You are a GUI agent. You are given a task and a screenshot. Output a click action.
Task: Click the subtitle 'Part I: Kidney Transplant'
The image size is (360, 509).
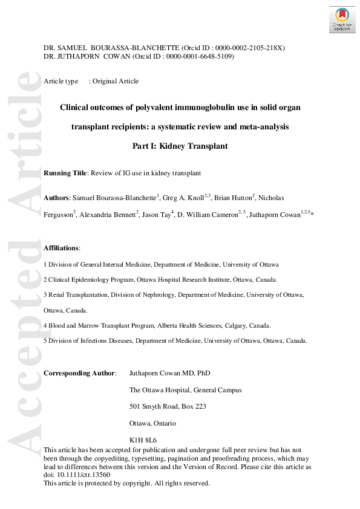(x=180, y=146)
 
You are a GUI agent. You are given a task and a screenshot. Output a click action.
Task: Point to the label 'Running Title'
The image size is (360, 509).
(x=65, y=173)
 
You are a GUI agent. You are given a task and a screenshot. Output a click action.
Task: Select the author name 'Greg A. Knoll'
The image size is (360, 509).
(x=183, y=198)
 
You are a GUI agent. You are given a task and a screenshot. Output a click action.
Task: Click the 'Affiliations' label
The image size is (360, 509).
(x=62, y=248)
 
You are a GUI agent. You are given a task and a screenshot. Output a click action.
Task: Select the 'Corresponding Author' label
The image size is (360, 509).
(x=79, y=373)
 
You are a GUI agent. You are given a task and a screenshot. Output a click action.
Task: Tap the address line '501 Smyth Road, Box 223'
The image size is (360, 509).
(x=168, y=406)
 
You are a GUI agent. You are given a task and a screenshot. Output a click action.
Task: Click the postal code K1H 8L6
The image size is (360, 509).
(x=143, y=439)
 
